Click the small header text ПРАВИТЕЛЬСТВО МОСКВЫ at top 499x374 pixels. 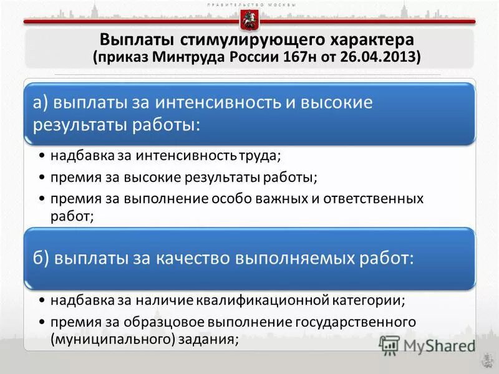tap(249, 5)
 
